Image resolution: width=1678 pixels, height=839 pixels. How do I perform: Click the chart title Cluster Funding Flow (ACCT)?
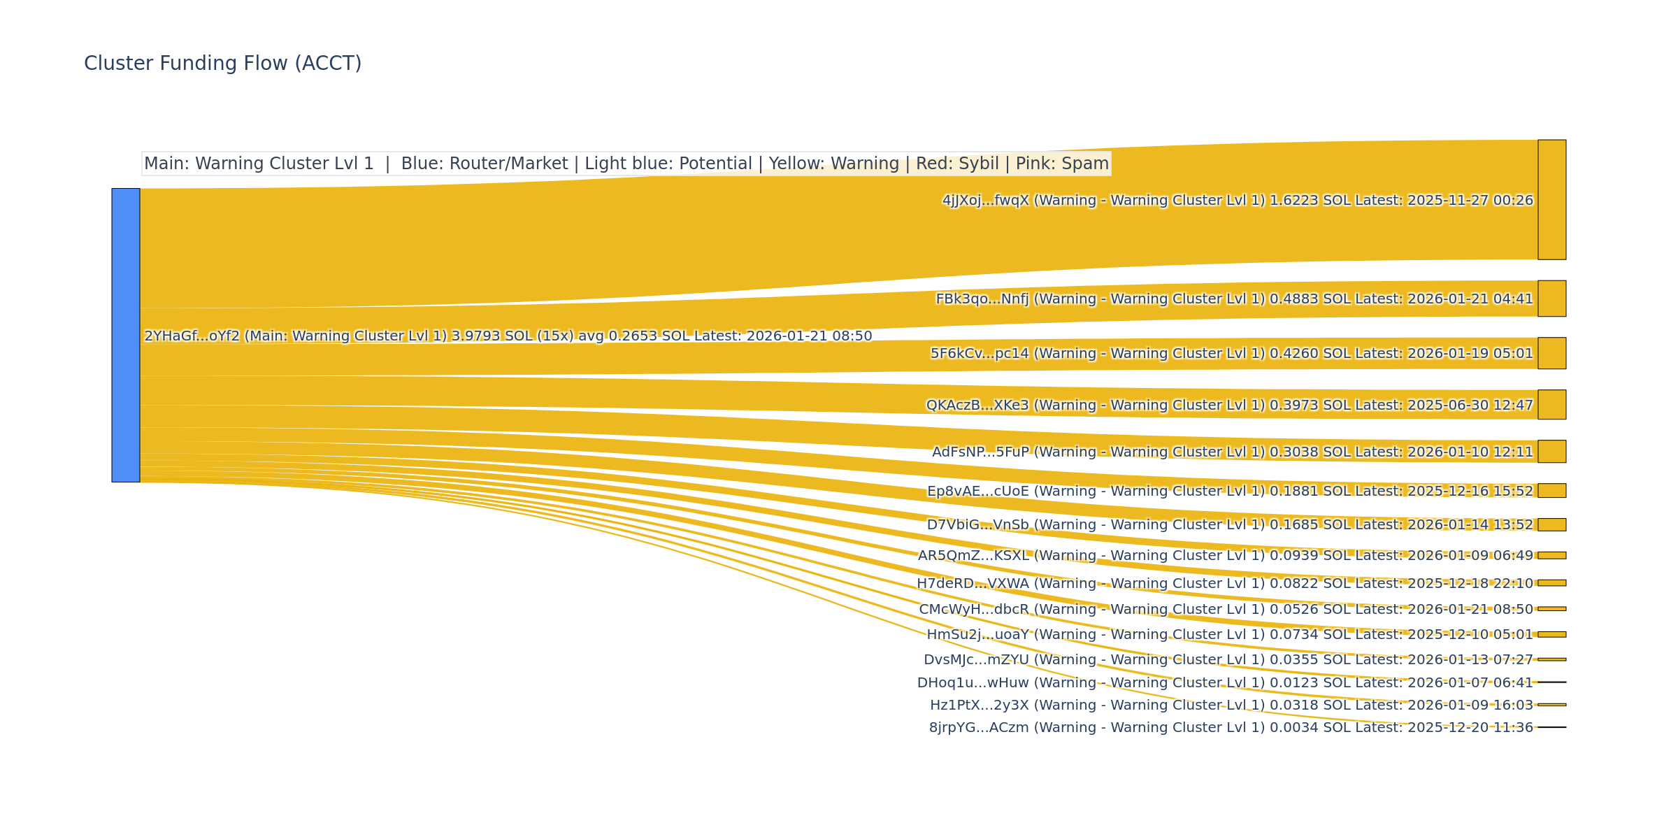[222, 64]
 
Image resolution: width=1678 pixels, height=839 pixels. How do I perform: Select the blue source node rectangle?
[126, 335]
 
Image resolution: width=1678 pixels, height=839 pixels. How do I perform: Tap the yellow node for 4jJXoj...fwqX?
[1551, 199]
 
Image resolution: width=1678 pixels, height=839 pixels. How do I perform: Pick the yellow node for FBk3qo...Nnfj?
[1551, 299]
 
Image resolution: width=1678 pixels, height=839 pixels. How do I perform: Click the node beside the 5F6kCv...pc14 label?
[1551, 353]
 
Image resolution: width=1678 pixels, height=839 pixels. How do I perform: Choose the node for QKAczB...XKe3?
[1551, 405]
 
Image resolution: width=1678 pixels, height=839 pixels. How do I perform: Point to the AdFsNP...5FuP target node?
[1551, 452]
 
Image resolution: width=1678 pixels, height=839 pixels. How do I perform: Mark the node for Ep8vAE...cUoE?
[1551, 491]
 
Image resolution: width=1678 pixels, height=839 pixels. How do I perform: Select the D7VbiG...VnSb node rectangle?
[1551, 524]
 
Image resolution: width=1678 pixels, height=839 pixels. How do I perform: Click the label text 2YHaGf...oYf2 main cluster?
[508, 336]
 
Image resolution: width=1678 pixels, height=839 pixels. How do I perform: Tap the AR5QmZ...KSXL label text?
[1225, 556]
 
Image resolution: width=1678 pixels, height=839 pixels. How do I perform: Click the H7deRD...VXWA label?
[1225, 583]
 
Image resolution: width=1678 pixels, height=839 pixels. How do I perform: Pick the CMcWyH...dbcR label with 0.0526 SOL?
[1225, 609]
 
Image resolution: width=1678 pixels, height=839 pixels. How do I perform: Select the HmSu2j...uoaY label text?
[1229, 635]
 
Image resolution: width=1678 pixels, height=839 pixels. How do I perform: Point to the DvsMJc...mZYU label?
[1228, 660]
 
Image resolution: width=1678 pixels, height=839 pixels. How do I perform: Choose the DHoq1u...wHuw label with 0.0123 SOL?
[1225, 682]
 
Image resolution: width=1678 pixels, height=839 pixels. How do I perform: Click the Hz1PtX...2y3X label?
[1231, 705]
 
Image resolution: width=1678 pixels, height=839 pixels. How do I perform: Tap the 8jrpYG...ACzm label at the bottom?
[1231, 727]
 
